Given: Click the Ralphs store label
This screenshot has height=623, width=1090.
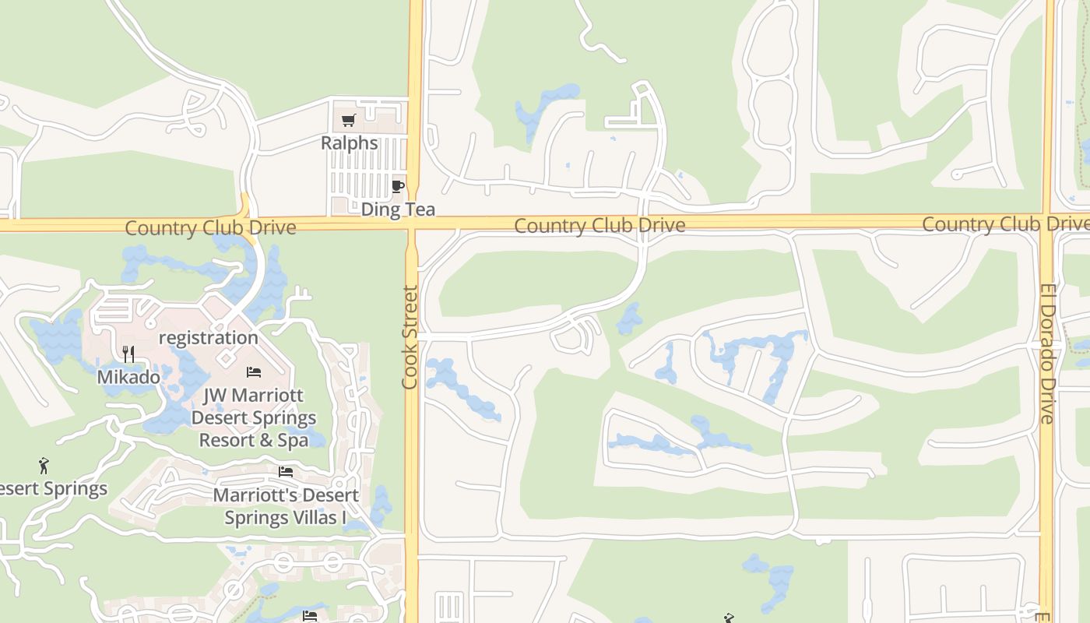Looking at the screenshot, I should pyautogui.click(x=350, y=143).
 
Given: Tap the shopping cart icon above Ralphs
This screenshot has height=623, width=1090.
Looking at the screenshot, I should pyautogui.click(x=349, y=121).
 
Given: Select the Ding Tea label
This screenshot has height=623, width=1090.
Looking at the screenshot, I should pyautogui.click(x=398, y=209).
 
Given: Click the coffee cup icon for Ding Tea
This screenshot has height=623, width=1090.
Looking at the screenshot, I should pyautogui.click(x=398, y=186).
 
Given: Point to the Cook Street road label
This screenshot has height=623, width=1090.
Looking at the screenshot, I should pyautogui.click(x=410, y=337).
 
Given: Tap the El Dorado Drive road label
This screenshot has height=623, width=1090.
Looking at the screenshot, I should pyautogui.click(x=1047, y=354).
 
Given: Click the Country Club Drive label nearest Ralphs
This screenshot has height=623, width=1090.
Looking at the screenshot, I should pyautogui.click(x=210, y=228).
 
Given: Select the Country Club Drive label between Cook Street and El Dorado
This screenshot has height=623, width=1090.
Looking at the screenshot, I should pyautogui.click(x=599, y=226).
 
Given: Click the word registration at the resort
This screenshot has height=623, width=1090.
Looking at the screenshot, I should pyautogui.click(x=208, y=338).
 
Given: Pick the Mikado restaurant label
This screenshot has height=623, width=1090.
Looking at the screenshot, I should pyautogui.click(x=128, y=378).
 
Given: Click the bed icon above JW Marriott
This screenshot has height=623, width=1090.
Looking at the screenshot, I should pyautogui.click(x=254, y=372).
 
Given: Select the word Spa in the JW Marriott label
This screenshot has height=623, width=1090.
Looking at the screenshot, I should pyautogui.click(x=293, y=440).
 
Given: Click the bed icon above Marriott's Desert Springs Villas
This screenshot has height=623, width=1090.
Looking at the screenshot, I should pyautogui.click(x=286, y=472).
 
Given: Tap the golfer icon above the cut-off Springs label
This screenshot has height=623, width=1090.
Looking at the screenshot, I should pyautogui.click(x=44, y=466).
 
